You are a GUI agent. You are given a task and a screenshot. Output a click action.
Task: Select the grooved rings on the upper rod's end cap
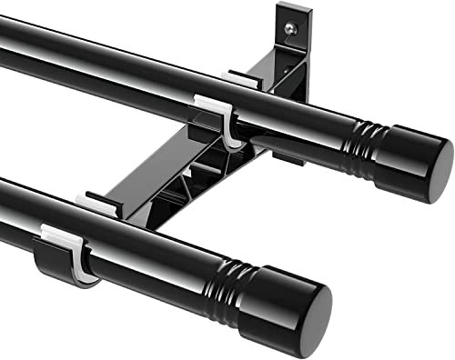point(359,144)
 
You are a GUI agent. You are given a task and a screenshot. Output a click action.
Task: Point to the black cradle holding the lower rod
point(55,259)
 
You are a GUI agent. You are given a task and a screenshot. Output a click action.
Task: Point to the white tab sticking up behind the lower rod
point(93,199)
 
